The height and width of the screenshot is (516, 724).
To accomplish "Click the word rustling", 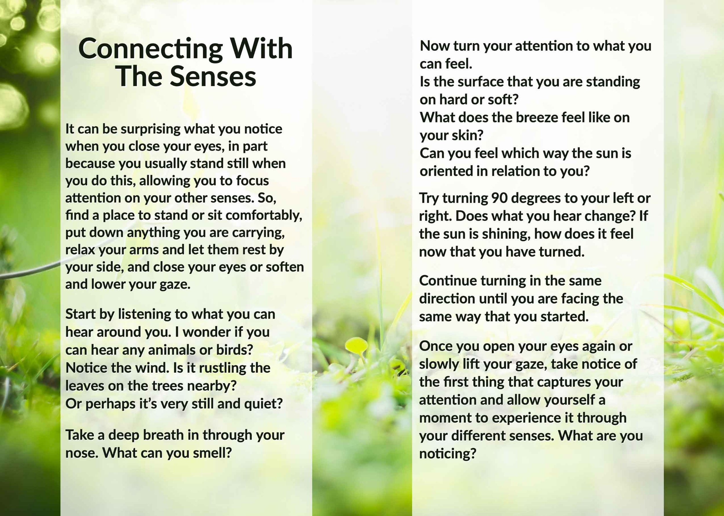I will [222, 368].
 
